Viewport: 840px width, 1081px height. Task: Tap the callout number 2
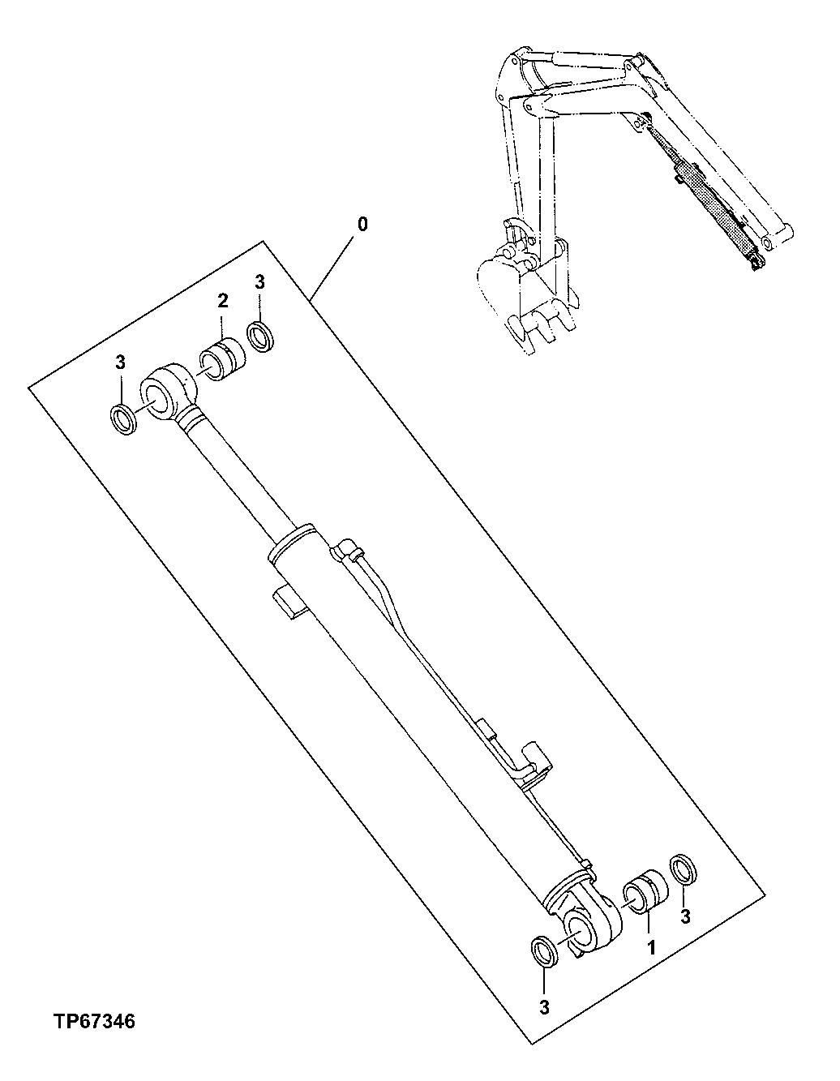click(x=223, y=301)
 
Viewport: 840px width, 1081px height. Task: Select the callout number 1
click(x=649, y=946)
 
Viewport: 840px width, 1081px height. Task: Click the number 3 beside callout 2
click(x=259, y=281)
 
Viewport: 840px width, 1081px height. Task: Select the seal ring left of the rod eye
click(x=124, y=420)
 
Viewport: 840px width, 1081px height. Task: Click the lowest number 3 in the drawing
click(x=544, y=1007)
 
